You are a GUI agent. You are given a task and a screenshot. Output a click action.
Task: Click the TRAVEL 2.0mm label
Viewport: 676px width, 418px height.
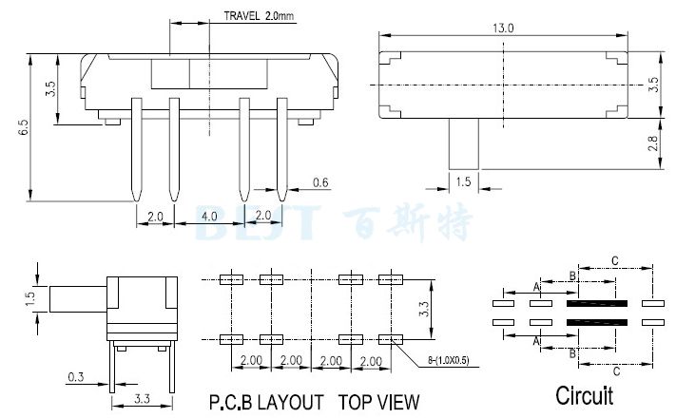[x=259, y=16]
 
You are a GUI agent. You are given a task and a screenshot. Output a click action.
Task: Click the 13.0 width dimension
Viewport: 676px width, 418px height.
[x=503, y=28]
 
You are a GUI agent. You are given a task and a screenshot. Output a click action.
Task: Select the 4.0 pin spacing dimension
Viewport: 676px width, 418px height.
[x=207, y=216]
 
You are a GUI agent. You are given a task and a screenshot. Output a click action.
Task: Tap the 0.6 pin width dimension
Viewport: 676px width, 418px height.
[x=319, y=182]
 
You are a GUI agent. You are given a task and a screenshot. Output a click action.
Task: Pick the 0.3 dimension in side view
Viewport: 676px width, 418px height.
[x=75, y=377]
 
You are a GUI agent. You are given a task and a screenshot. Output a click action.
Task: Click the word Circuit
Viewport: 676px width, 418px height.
[x=584, y=394]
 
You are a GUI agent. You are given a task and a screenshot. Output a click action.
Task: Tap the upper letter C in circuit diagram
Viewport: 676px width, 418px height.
[x=615, y=259]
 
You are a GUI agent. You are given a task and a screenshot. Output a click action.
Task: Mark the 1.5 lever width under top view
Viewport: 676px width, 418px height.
[x=464, y=180]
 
